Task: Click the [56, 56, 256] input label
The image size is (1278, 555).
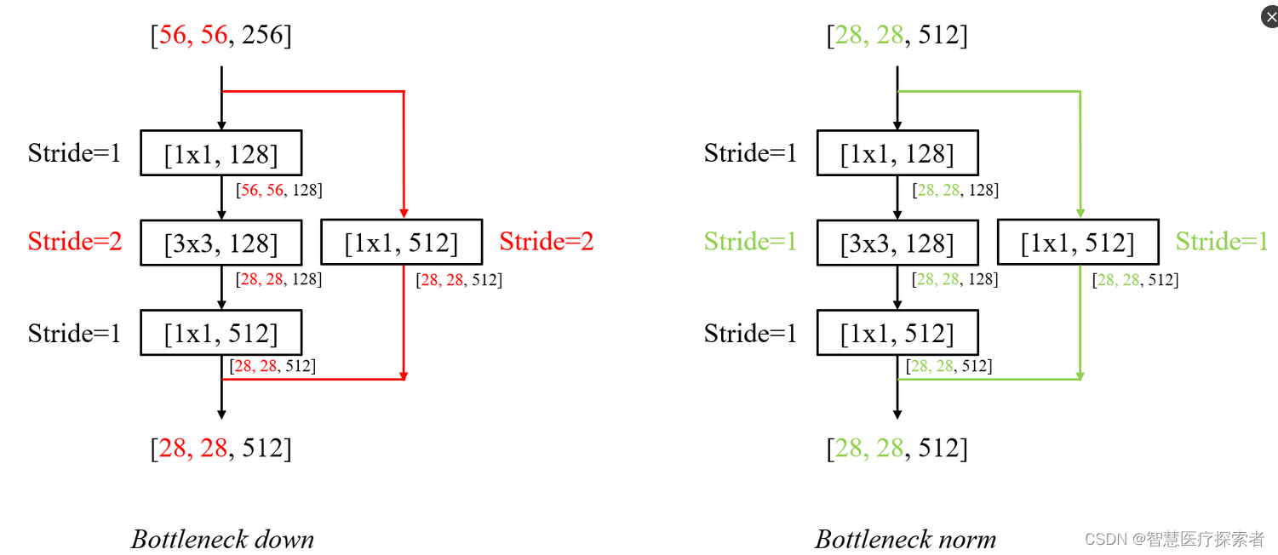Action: [x=221, y=36]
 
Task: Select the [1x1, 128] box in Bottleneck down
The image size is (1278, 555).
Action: [x=221, y=153]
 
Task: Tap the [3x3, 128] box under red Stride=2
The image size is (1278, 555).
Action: [x=221, y=243]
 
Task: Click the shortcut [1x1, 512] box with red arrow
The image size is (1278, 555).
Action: [x=401, y=243]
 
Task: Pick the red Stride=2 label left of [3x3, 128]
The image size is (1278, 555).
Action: [x=75, y=242]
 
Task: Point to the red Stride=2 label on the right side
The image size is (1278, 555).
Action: [x=547, y=242]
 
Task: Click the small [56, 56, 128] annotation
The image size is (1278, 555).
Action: [x=279, y=190]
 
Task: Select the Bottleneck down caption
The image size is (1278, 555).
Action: [x=222, y=539]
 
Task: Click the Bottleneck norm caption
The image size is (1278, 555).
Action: [x=905, y=539]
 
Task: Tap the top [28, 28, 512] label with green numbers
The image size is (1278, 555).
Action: [x=897, y=36]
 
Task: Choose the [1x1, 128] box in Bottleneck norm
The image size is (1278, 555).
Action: [x=897, y=153]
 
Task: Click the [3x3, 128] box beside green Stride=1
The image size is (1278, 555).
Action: [x=897, y=243]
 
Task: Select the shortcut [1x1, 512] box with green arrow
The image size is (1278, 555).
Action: [x=1078, y=243]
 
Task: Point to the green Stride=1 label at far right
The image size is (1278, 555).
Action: [x=1223, y=242]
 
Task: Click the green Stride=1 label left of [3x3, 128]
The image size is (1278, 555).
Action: [x=751, y=242]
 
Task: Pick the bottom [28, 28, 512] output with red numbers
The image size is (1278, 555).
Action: [x=221, y=448]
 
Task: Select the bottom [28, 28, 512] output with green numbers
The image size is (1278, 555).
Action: [x=897, y=448]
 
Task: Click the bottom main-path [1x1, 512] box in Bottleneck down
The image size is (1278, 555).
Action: [x=221, y=333]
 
